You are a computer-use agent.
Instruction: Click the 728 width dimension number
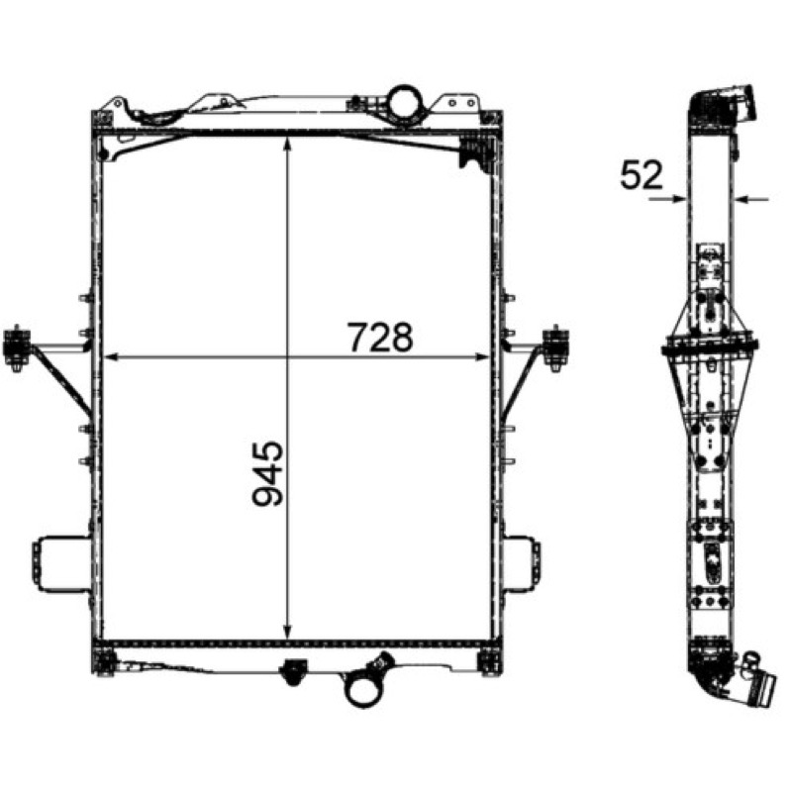click(380, 338)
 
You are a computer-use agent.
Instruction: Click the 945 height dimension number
click(268, 473)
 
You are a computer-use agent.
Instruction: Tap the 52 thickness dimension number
click(641, 175)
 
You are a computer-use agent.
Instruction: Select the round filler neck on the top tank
click(404, 102)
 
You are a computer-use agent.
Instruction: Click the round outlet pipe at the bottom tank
click(363, 689)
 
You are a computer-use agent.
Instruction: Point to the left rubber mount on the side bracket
click(17, 347)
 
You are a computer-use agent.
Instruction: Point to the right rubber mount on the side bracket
click(555, 347)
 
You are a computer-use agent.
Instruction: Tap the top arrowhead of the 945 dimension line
click(287, 143)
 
